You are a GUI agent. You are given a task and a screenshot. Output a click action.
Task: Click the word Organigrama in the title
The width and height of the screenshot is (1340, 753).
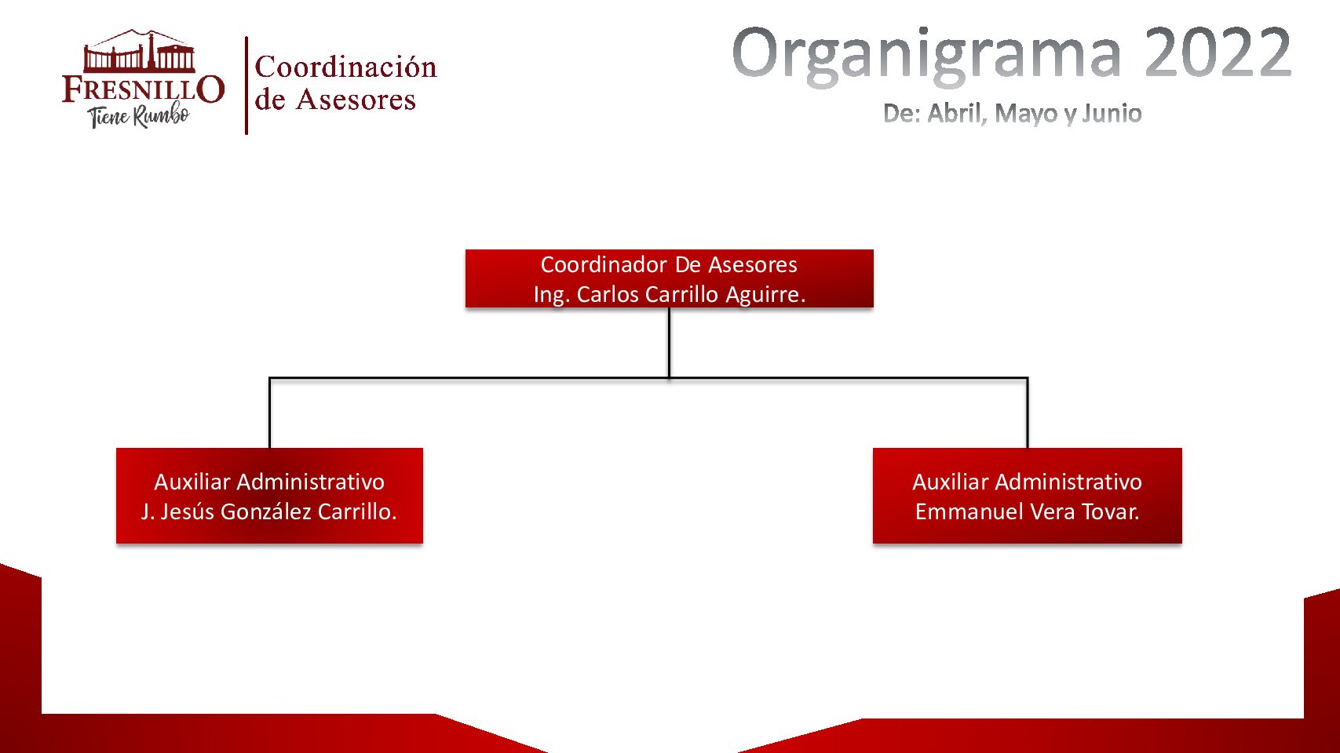click(927, 53)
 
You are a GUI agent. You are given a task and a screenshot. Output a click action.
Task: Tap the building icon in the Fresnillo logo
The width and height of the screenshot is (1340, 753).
click(140, 53)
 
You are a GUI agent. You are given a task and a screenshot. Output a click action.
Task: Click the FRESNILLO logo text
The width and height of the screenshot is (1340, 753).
click(143, 89)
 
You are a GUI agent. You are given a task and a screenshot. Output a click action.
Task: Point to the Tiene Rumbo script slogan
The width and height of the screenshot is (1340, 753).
click(139, 116)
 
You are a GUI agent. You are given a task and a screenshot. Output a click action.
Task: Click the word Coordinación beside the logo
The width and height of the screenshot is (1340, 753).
click(345, 67)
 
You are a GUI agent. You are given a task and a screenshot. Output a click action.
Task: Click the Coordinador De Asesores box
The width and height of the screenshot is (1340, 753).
click(669, 278)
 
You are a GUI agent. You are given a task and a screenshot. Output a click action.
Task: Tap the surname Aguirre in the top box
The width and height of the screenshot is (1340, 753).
click(765, 295)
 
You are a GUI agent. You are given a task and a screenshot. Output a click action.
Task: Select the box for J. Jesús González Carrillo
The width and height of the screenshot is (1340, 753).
click(269, 496)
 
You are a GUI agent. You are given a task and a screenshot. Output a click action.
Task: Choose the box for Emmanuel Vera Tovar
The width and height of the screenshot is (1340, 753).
click(1027, 496)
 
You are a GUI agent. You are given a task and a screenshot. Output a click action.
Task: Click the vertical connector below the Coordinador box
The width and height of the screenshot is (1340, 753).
click(669, 342)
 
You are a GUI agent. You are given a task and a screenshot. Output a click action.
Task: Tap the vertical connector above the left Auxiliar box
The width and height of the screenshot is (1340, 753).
click(269, 413)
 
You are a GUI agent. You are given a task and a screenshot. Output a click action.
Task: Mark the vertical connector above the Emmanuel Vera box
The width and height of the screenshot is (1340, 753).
click(1027, 413)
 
